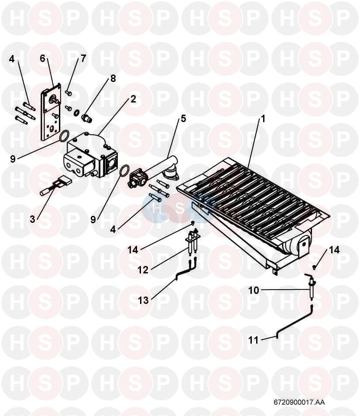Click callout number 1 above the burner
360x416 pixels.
[x=263, y=118]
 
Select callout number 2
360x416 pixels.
[x=133, y=99]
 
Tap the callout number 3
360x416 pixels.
[x=33, y=219]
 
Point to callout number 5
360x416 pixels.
[x=184, y=118]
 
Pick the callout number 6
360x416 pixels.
[x=43, y=58]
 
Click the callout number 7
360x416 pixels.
[x=83, y=58]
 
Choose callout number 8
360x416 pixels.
[x=113, y=78]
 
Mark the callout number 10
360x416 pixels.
[x=254, y=290]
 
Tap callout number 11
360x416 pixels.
[x=254, y=340]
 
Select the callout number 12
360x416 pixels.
[x=143, y=270]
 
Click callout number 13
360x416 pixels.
[x=143, y=300]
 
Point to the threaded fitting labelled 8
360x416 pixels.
[x=86, y=117]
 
